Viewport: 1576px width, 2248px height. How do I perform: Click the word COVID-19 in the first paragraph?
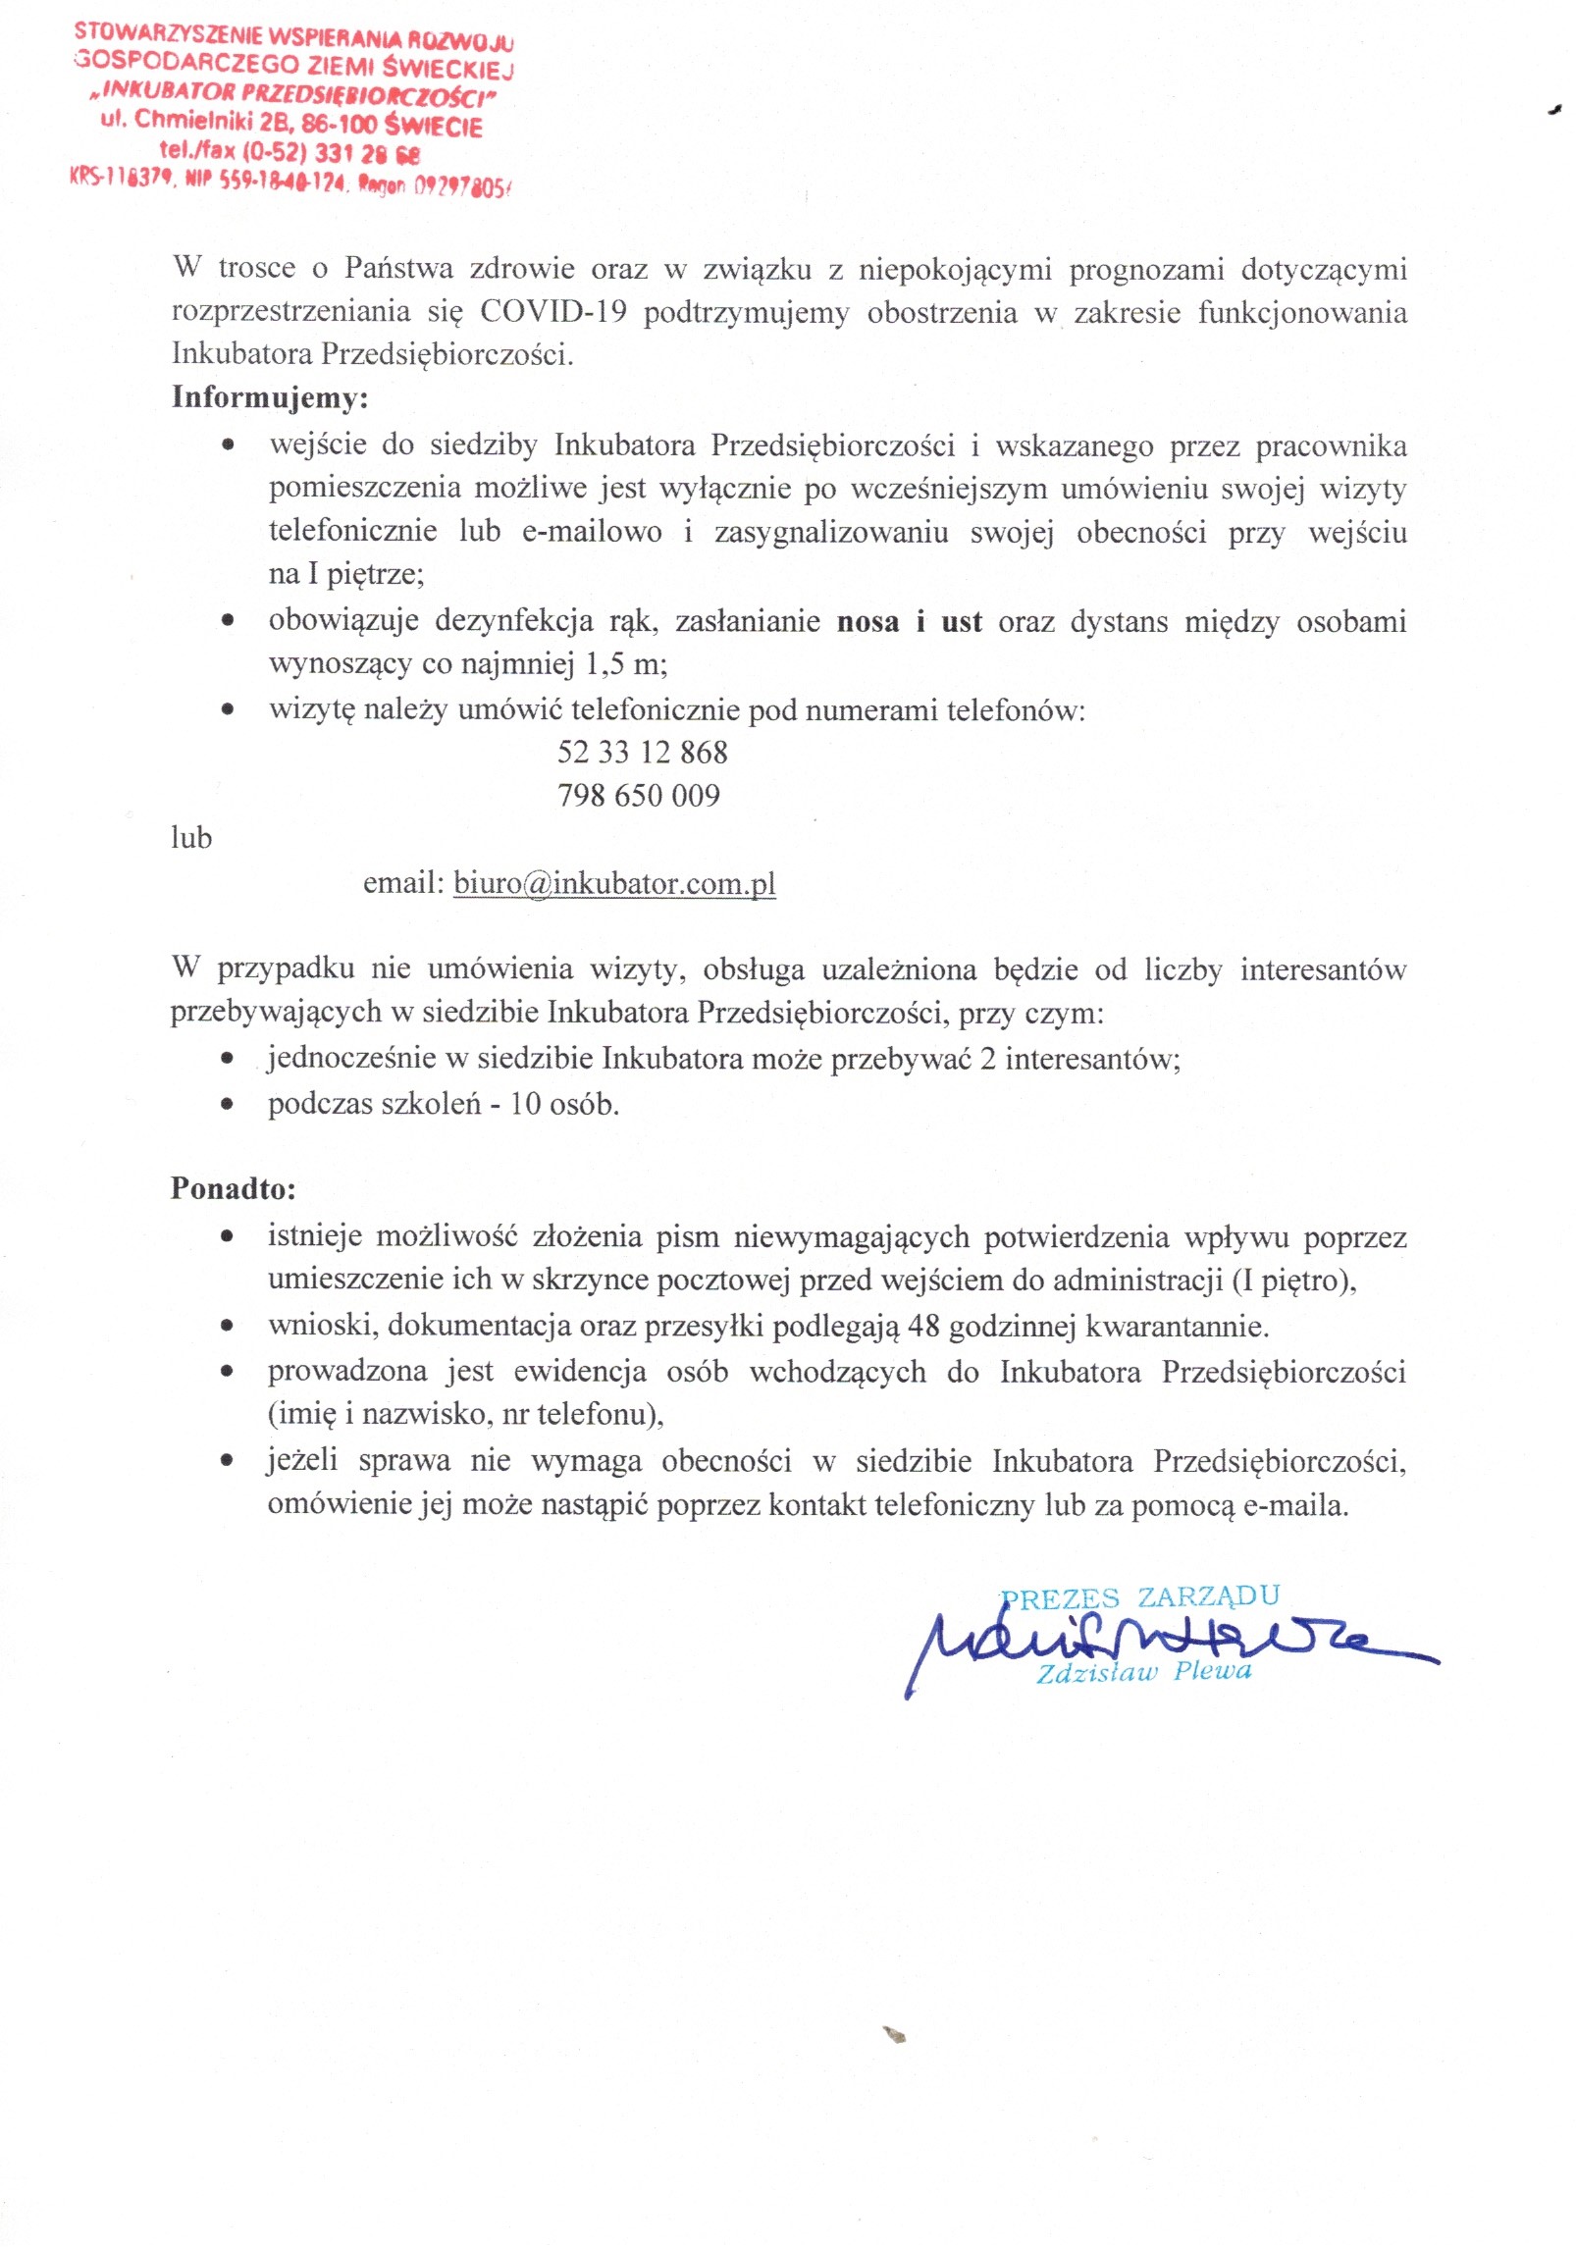pyautogui.click(x=552, y=311)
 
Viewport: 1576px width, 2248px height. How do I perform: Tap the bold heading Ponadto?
pyautogui.click(x=233, y=1188)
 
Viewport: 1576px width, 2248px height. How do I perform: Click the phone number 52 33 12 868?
pyautogui.click(x=642, y=753)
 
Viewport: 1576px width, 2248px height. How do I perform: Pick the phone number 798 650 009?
pyautogui.click(x=638, y=795)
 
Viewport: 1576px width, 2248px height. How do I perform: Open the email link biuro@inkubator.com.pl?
pyautogui.click(x=614, y=883)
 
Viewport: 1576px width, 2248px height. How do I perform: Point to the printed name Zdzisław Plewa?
pyautogui.click(x=1144, y=1671)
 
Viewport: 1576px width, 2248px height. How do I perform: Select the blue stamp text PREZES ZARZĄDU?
pyautogui.click(x=1140, y=1597)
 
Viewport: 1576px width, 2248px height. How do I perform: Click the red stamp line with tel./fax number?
pyautogui.click(x=289, y=152)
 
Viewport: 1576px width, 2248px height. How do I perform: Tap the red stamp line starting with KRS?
pyautogui.click(x=290, y=182)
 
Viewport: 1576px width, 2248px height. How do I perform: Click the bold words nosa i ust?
pyautogui.click(x=909, y=622)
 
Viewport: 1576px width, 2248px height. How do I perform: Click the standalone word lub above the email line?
pyautogui.click(x=191, y=838)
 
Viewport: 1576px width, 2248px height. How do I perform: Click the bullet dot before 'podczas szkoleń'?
pyautogui.click(x=228, y=1104)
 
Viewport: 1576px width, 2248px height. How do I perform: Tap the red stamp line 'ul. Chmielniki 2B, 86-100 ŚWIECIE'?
pyautogui.click(x=290, y=123)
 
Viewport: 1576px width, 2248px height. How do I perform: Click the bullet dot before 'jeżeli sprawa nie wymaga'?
pyautogui.click(x=228, y=1461)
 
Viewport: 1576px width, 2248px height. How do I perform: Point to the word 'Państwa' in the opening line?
pyautogui.click(x=398, y=268)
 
